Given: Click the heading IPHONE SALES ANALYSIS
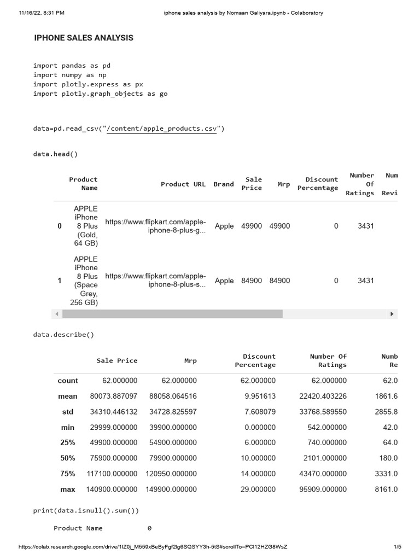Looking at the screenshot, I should (84, 38).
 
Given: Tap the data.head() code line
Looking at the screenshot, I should (55, 154).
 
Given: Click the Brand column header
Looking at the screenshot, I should (223, 184).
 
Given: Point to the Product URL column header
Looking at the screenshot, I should (183, 184).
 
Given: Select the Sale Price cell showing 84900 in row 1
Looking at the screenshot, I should (252, 281).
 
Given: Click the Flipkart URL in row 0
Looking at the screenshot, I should (156, 226).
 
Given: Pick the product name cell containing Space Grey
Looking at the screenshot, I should (85, 281).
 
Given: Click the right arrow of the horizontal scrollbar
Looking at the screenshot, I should (392, 314).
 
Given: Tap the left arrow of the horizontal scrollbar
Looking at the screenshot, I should (57, 314).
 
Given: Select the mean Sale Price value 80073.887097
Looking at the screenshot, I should (114, 396).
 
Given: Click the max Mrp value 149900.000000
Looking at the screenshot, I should (171, 489).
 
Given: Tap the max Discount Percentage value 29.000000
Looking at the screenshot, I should (258, 489).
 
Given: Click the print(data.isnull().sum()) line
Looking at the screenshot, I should (86, 510).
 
